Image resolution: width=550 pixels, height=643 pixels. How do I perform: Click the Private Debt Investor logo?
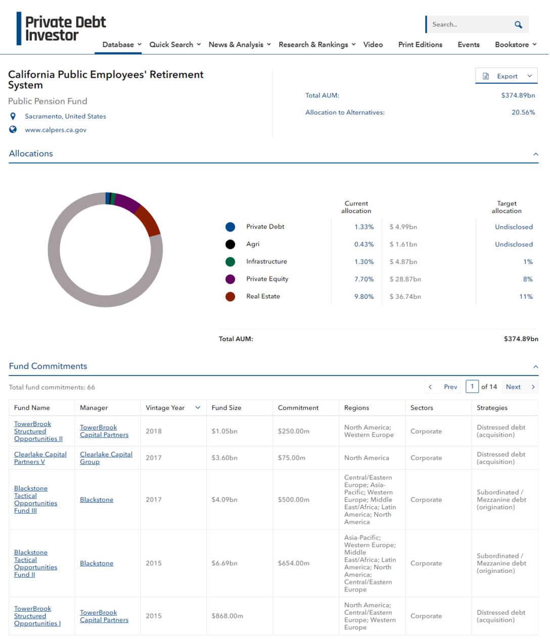click(61, 29)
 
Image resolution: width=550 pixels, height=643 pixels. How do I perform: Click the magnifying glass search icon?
click(518, 24)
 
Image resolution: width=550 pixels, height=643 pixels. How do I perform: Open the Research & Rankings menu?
click(317, 44)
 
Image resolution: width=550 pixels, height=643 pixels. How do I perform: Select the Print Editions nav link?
click(420, 44)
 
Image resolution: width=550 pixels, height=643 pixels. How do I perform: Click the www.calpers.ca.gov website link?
click(56, 130)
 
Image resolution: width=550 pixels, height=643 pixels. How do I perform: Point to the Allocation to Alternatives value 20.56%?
click(523, 113)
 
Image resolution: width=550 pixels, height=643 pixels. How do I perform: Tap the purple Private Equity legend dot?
click(230, 279)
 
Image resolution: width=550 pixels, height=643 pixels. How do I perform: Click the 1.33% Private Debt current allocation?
click(364, 227)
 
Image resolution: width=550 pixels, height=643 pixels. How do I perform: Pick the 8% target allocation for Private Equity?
click(528, 279)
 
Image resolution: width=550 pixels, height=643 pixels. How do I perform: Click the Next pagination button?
click(520, 387)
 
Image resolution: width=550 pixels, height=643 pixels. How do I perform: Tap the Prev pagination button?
click(443, 387)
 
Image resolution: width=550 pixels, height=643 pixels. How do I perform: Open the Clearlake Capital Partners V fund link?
click(40, 458)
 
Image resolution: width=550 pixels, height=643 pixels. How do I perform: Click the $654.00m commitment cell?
click(293, 563)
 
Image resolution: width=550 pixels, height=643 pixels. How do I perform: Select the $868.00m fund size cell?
click(227, 616)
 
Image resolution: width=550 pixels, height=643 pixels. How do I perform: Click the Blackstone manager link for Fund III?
click(97, 500)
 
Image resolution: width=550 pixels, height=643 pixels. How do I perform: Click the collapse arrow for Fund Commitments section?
click(535, 367)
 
